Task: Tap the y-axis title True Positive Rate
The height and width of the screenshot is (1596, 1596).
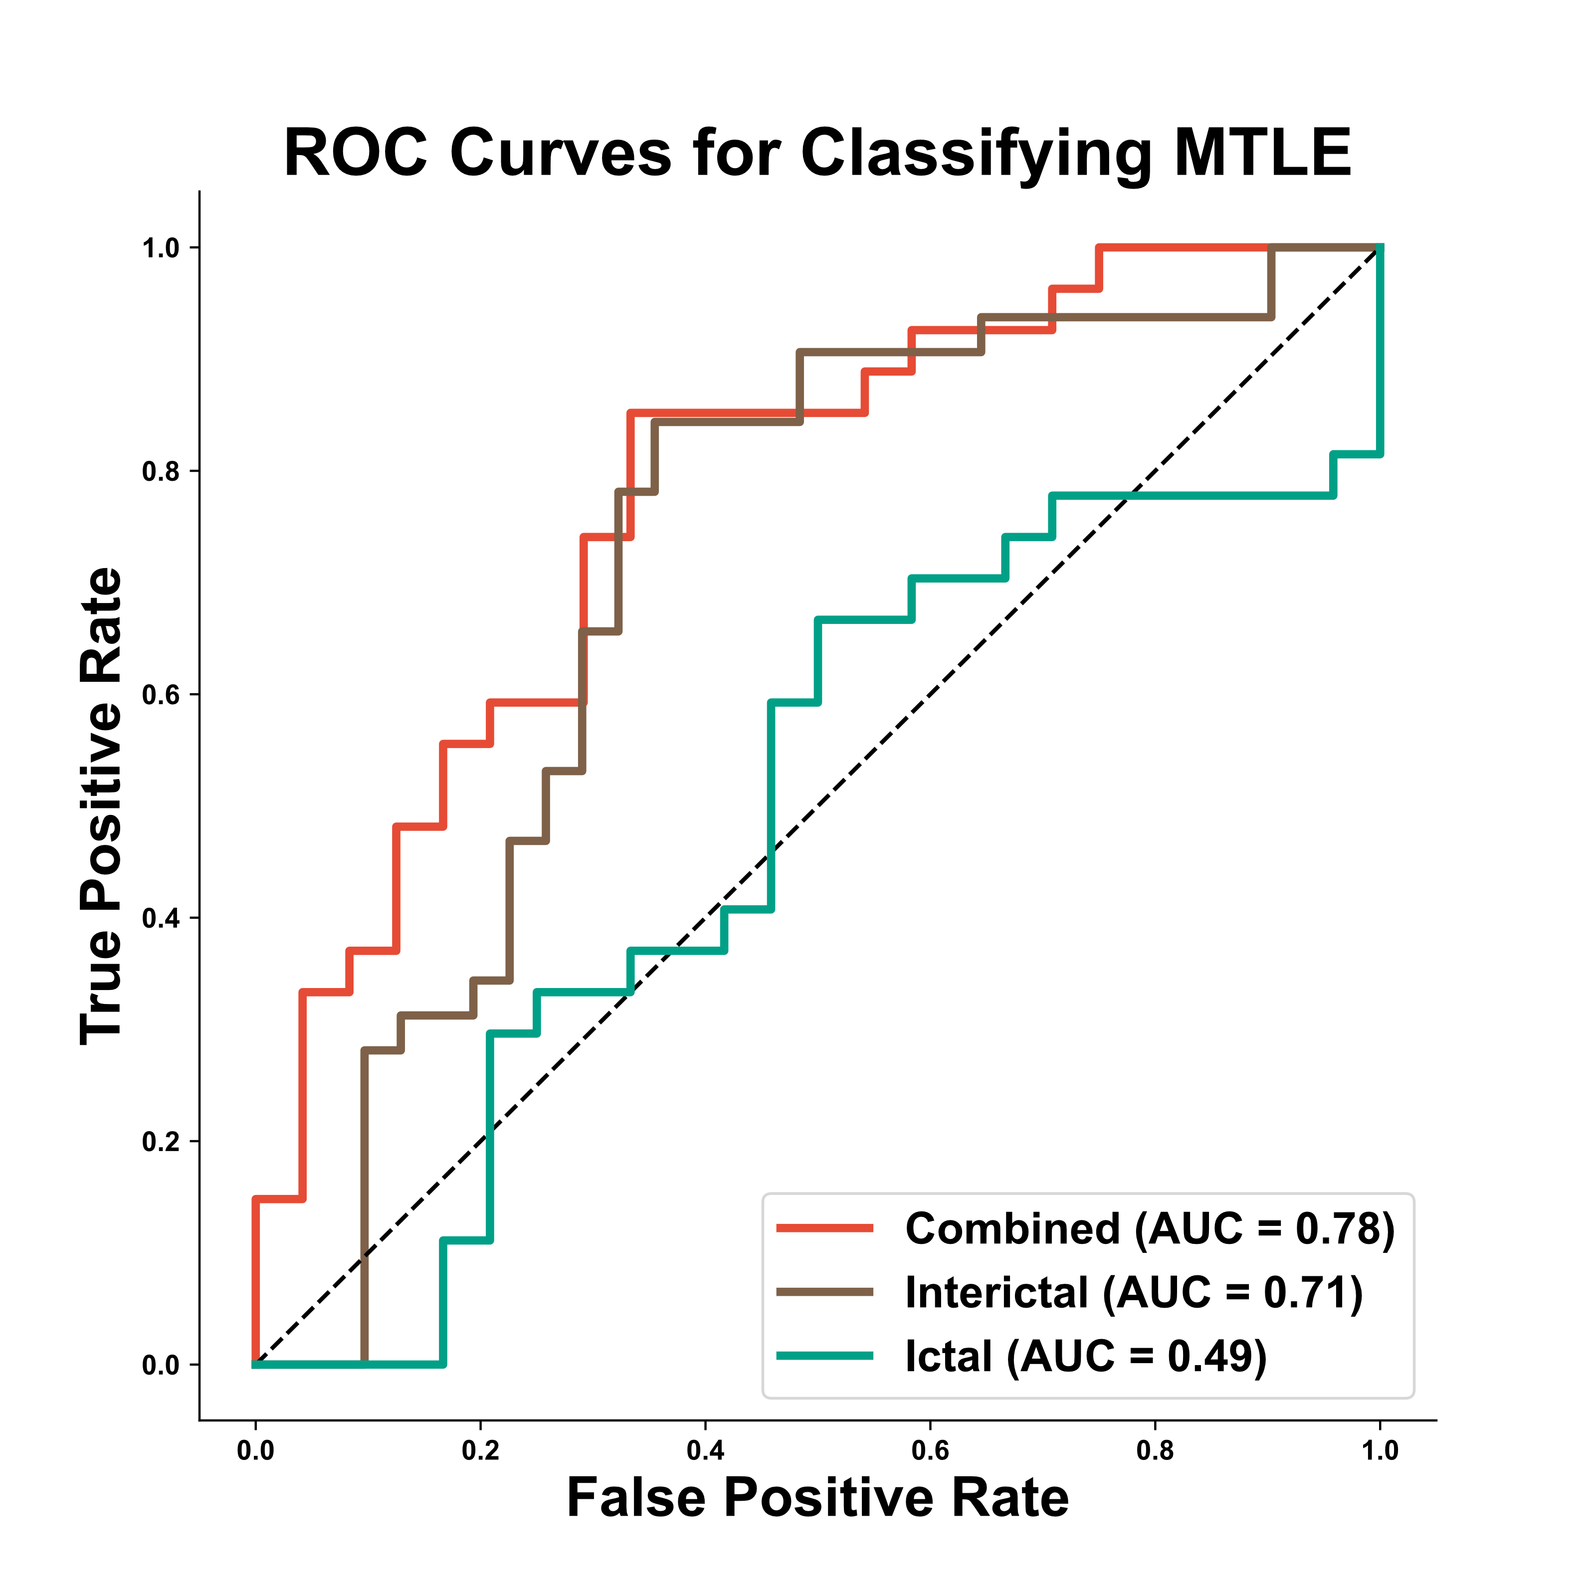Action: (102, 806)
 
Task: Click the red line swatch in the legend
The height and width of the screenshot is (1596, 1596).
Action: (824, 1228)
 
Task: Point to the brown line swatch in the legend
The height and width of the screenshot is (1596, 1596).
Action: (824, 1292)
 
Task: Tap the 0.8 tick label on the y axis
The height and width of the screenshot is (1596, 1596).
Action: (160, 472)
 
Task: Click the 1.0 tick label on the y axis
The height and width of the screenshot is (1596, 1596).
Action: (160, 248)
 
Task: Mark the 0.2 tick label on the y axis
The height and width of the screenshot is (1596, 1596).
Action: (160, 1142)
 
